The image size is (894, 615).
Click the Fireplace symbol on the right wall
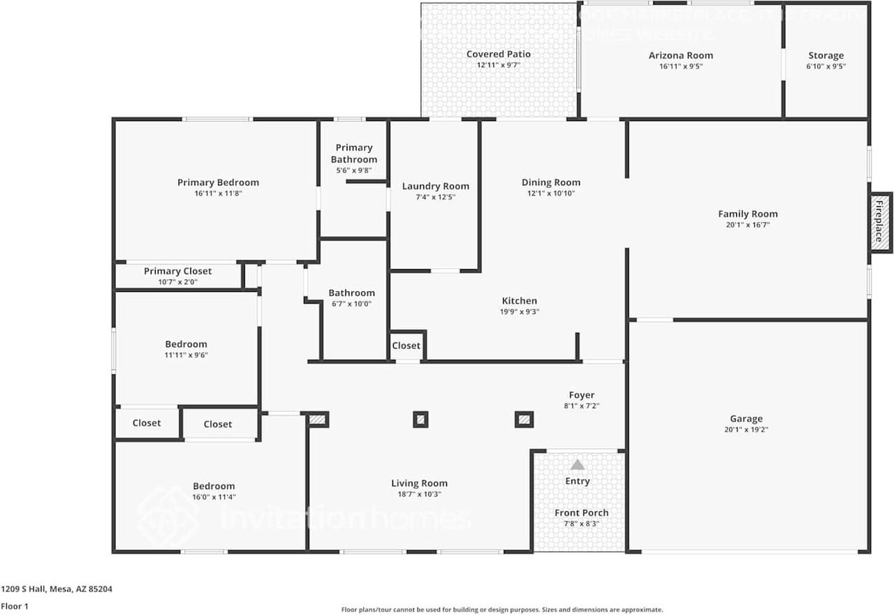880,222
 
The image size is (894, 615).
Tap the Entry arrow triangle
578,465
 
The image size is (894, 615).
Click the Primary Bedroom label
218,183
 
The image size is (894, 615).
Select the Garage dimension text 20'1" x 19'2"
747,430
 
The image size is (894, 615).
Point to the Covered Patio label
499,54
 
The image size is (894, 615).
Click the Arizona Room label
681,56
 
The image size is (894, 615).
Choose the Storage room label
826,56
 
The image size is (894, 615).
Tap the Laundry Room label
436,186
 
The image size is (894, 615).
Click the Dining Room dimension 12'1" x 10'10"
551,194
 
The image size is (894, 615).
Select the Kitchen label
520,301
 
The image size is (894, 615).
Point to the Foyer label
582,395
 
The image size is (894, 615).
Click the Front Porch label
582,513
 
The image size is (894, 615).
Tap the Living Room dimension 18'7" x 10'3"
419,494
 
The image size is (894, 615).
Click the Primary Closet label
177,272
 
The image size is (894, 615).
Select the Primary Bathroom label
354,154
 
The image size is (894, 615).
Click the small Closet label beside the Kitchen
406,346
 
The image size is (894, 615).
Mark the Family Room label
748,214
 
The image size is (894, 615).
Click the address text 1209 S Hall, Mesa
56,589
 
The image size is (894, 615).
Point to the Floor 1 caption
15,607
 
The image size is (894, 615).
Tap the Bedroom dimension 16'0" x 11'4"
214,497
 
